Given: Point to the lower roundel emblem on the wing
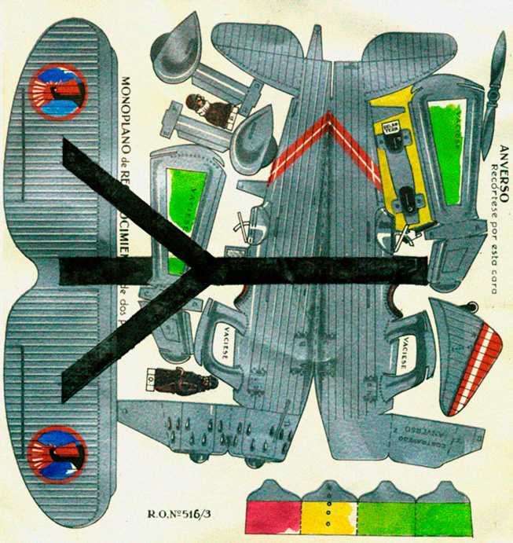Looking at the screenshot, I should tap(56, 455).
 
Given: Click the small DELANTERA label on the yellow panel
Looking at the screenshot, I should tap(390, 128).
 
